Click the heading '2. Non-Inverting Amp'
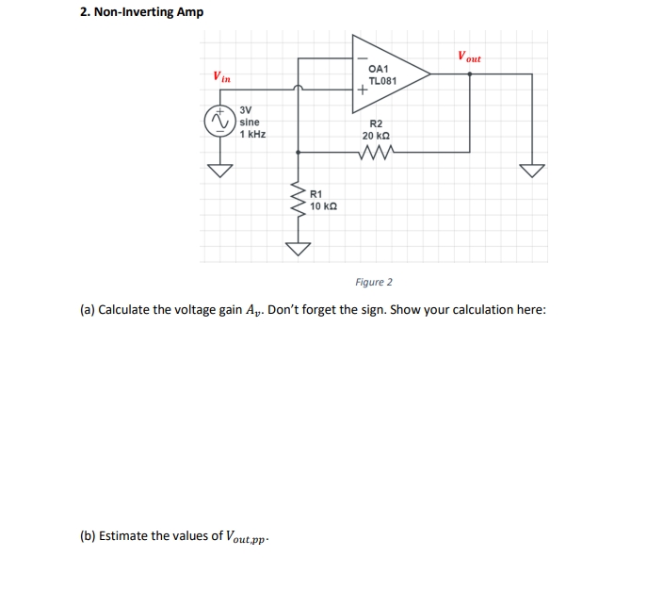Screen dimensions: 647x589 pyautogui.click(x=141, y=12)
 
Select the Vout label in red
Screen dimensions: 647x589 pyautogui.click(x=469, y=57)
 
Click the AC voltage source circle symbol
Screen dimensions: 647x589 pyautogui.click(x=220, y=122)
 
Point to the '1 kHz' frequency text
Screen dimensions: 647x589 pyautogui.click(x=252, y=135)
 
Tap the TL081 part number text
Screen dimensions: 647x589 pyautogui.click(x=382, y=81)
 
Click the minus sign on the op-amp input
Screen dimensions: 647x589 pyautogui.click(x=361, y=58)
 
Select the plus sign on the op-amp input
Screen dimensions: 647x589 pyautogui.click(x=362, y=91)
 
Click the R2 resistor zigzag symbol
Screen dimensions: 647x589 pyautogui.click(x=376, y=151)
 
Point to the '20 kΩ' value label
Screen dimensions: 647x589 pyautogui.click(x=376, y=136)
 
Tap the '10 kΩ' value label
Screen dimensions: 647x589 pyautogui.click(x=323, y=205)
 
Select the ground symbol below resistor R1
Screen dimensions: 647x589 pyautogui.click(x=298, y=248)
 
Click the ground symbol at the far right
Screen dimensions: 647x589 pyautogui.click(x=533, y=170)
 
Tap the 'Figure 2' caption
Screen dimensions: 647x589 pyautogui.click(x=374, y=282)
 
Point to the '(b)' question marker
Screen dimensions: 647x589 pyautogui.click(x=88, y=536)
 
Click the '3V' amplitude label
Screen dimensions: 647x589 pyautogui.click(x=246, y=110)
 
